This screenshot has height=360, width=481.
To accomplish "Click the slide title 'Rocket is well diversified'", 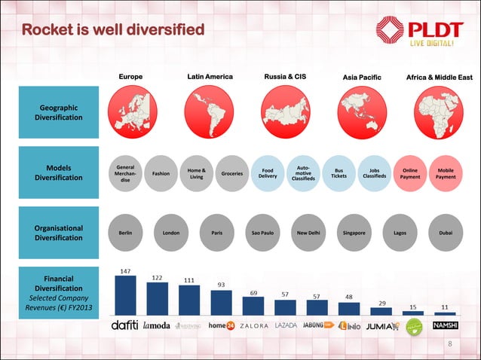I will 113,30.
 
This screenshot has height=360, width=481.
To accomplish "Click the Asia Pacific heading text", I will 362,78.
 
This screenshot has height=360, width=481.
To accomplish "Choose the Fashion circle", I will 161,174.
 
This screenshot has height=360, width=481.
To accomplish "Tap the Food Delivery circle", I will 268,174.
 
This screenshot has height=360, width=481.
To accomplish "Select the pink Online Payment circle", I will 410,174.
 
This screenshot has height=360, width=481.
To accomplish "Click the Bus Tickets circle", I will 339,174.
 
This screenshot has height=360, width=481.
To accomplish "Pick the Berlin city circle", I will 125,233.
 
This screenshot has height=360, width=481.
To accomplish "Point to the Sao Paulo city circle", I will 262,233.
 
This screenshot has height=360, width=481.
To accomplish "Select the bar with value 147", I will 125,294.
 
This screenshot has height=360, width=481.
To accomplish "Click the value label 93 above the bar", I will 222,285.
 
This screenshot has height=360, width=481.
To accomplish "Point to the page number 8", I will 449,345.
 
